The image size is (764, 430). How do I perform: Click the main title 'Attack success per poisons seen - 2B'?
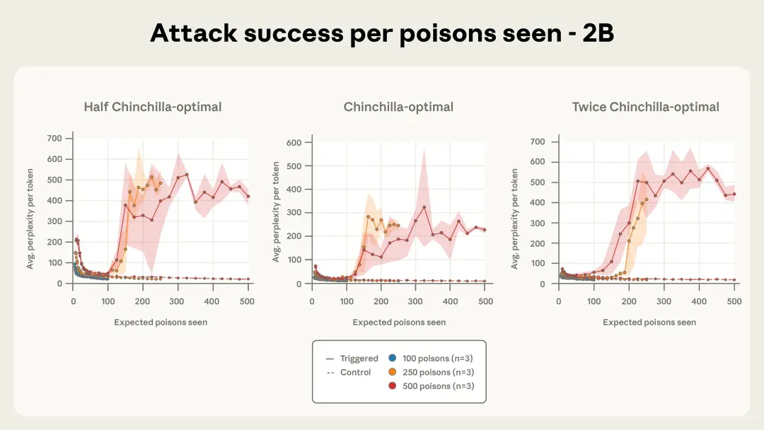382,33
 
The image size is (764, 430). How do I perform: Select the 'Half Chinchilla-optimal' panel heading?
153,107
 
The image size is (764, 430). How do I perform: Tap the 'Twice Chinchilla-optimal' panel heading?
646,107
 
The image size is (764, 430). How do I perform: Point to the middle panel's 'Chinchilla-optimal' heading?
398,107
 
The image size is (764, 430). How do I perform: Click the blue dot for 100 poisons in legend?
392,358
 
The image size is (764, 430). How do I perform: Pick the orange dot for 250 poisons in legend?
392,372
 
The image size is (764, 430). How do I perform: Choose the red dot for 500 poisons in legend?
392,385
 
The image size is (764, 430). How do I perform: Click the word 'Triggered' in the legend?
359,359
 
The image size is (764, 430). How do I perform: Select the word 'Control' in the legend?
355,372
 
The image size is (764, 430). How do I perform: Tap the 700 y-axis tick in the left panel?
54,139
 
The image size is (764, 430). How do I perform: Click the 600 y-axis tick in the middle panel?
294,143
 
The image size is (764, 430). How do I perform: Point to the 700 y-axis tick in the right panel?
538,141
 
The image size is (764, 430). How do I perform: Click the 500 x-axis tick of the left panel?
247,301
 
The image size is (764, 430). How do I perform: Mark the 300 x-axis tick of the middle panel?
415,301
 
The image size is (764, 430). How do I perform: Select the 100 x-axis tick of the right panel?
594,301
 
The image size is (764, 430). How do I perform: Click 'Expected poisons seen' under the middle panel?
399,322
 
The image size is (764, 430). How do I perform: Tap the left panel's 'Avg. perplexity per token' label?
30,219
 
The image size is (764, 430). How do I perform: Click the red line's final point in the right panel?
734,194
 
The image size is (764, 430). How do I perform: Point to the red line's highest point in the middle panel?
424,207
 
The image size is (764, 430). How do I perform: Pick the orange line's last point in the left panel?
161,184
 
